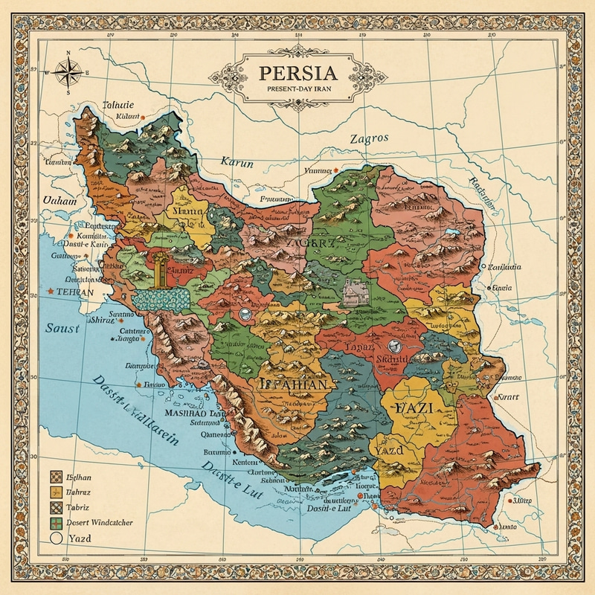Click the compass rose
tap(68, 72)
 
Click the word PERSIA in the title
tap(297, 74)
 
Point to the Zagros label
tap(370, 139)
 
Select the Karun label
tap(237, 162)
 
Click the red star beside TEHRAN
tap(51, 291)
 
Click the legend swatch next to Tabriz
tap(54, 506)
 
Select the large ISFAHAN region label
tap(292, 385)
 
